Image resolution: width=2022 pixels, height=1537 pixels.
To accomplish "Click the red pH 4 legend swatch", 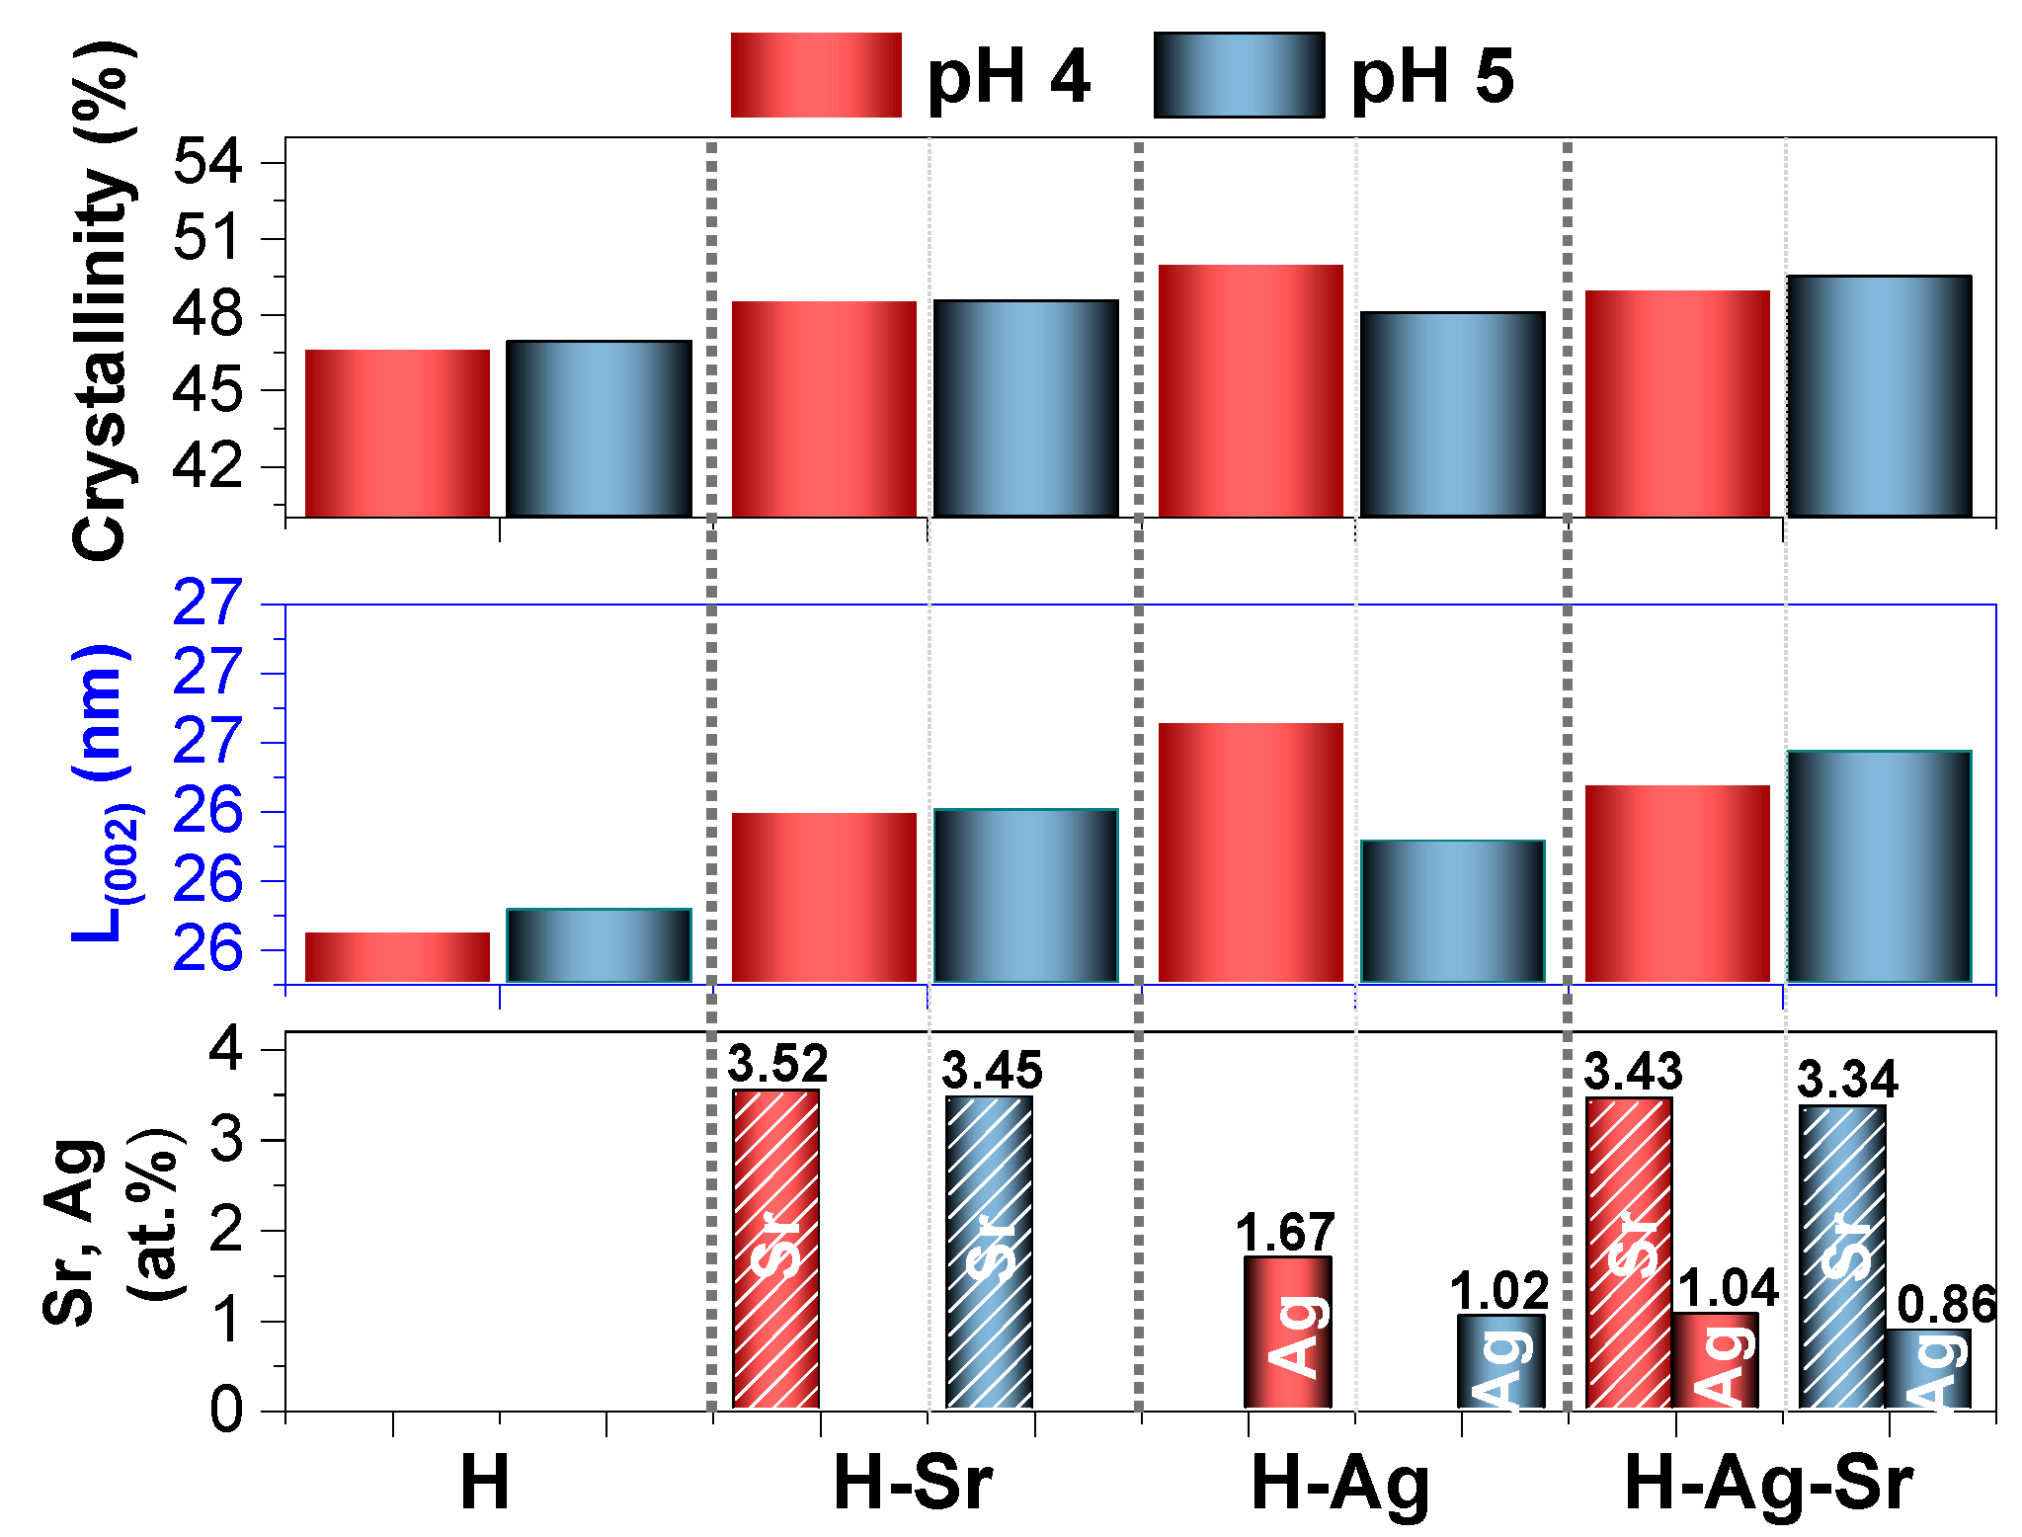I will click(815, 75).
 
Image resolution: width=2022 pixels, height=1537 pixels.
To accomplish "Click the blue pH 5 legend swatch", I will click(1239, 75).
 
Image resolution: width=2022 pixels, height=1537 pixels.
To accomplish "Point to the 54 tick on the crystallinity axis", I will click(207, 162).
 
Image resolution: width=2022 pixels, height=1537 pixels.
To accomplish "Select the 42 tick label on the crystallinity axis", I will click(207, 466).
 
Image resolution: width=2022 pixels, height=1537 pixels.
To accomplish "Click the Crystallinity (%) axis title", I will click(100, 301).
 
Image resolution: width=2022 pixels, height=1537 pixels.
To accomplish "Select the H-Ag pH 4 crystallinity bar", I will click(1251, 390).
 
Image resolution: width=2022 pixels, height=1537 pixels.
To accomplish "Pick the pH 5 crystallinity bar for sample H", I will click(599, 428).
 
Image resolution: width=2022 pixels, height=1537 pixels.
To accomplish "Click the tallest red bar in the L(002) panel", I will click(1251, 851).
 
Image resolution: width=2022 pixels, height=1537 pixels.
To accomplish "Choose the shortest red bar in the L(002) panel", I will click(397, 956).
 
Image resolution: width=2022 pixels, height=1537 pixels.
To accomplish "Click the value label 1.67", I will click(1286, 1233).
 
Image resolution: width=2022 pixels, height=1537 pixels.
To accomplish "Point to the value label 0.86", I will click(1947, 1306).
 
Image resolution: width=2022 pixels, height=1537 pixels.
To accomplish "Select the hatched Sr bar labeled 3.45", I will click(989, 1252).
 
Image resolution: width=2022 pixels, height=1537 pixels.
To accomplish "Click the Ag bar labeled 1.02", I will click(1500, 1361).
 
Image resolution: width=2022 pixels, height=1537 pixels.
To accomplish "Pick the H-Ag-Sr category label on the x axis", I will click(1768, 1484).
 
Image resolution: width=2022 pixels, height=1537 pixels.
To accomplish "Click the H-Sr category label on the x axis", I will click(912, 1484).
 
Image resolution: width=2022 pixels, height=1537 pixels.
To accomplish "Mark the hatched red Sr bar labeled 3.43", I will click(1629, 1252).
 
